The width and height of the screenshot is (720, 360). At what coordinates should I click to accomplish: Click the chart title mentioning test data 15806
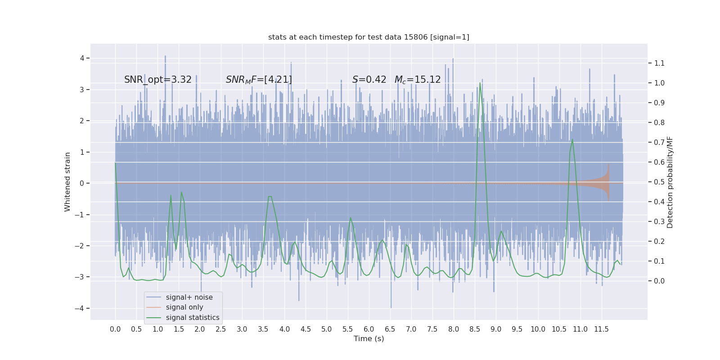click(369, 37)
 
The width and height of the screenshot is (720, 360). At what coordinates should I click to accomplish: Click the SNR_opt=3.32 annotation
click(158, 80)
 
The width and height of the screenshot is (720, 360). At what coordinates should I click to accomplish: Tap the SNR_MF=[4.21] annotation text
click(259, 80)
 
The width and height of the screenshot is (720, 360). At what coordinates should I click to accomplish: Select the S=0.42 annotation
click(369, 80)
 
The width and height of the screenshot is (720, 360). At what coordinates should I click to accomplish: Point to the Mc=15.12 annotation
click(418, 80)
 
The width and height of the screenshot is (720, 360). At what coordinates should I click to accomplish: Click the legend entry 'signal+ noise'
click(189, 297)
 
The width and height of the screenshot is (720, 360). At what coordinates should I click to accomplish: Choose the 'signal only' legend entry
click(184, 307)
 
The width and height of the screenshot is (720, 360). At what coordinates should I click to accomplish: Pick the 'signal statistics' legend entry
click(193, 318)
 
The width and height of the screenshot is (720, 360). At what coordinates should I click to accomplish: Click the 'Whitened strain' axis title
click(67, 182)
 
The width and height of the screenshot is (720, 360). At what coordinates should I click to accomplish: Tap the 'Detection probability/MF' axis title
click(670, 182)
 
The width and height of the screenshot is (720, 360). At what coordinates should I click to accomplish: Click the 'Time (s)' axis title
click(369, 339)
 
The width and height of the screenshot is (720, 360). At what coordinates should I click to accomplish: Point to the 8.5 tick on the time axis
click(475, 329)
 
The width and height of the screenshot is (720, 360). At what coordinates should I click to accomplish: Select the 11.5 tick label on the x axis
click(601, 329)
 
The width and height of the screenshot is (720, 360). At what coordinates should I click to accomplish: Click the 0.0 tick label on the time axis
click(115, 329)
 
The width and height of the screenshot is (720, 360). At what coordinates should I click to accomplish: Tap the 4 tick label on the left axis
click(82, 58)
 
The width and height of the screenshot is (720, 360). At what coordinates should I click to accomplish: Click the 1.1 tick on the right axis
click(659, 63)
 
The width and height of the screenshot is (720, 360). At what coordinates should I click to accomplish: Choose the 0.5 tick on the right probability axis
click(659, 182)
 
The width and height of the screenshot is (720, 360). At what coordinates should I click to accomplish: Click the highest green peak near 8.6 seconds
click(480, 83)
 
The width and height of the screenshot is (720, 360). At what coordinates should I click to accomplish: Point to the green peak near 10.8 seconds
click(572, 139)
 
